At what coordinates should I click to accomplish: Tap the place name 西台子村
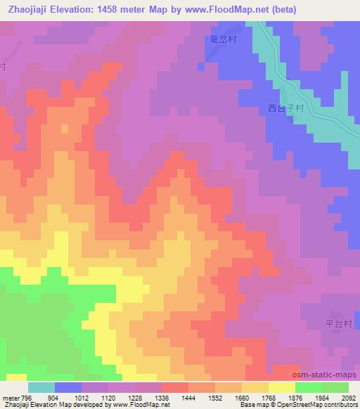click(x=285, y=109)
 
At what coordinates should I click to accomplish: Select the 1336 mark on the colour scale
click(x=162, y=398)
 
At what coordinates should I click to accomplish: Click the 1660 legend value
click(x=243, y=398)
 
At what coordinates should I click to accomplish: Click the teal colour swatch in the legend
click(x=41, y=387)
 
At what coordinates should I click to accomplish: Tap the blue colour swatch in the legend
click(x=67, y=387)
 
